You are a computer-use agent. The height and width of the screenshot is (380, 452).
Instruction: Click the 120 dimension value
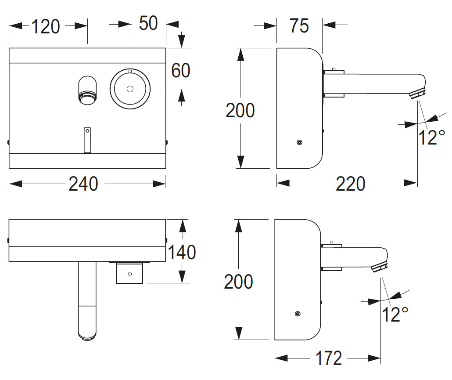[45, 27]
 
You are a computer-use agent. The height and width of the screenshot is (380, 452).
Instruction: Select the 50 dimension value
[148, 23]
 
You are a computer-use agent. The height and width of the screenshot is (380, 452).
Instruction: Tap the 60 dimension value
[180, 70]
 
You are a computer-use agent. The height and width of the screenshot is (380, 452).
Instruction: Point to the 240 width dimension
[83, 184]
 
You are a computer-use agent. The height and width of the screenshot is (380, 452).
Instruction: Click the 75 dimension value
[299, 26]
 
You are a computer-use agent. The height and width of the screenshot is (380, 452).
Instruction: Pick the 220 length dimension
[351, 184]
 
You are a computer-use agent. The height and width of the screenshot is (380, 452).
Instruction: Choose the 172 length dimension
[329, 358]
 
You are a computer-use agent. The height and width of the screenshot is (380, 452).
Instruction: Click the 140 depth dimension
[181, 252]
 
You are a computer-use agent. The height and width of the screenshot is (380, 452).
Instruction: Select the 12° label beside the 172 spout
[395, 315]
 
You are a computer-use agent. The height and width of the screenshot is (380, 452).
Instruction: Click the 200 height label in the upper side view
[240, 110]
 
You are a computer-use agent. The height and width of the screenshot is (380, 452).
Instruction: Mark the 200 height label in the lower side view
[238, 282]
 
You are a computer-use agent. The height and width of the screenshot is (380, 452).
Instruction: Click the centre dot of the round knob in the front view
[129, 89]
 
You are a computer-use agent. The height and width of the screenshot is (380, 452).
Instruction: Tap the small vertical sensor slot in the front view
[87, 140]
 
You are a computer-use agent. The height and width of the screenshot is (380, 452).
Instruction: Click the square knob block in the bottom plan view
[129, 273]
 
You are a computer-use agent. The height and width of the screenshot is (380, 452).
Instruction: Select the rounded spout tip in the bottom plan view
[86, 332]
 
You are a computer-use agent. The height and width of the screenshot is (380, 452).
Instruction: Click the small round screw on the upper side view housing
[299, 142]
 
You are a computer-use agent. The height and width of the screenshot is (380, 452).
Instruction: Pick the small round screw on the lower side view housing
[298, 313]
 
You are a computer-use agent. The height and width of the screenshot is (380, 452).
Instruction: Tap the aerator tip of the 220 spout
[418, 94]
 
